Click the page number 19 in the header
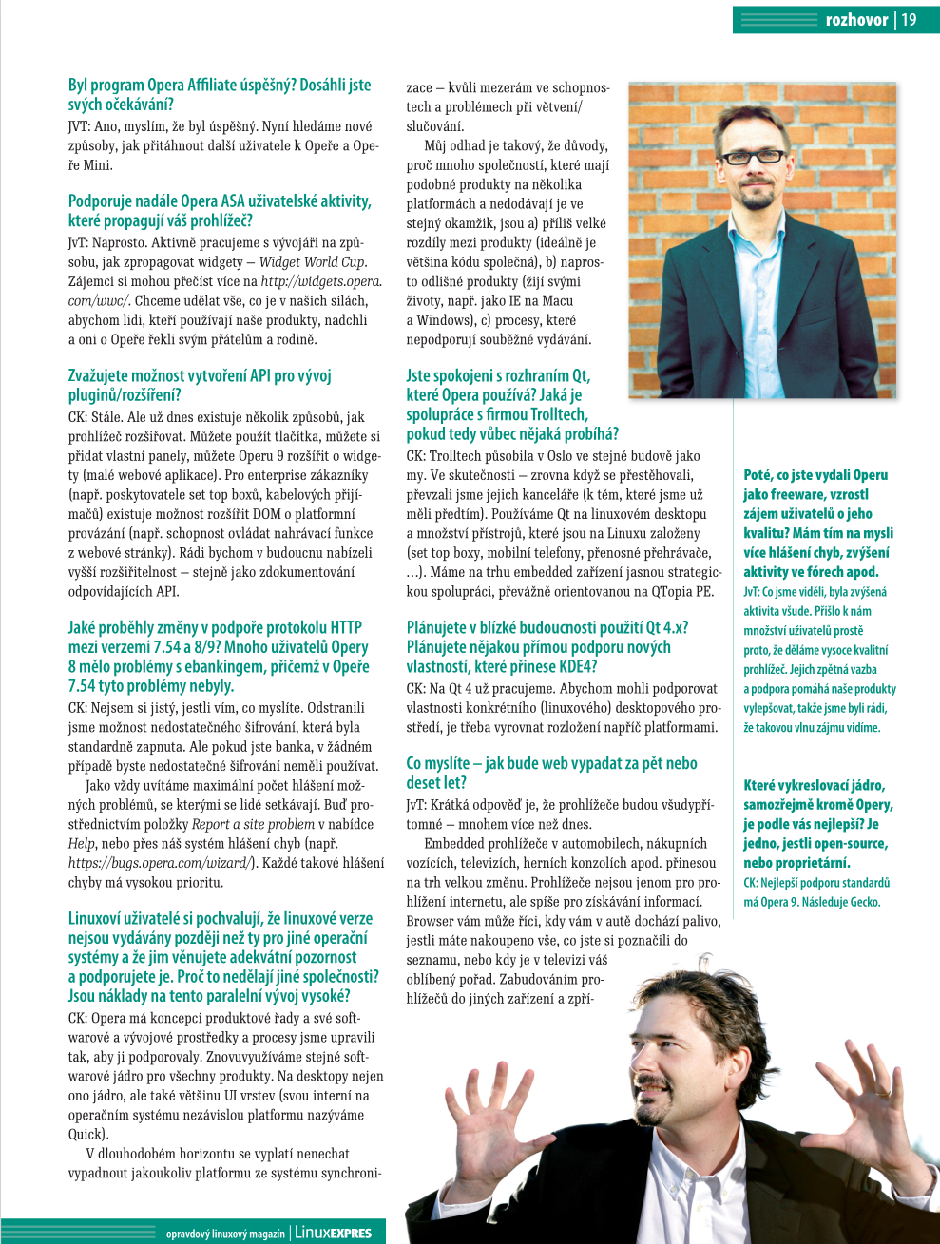910,20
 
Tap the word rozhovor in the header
856,20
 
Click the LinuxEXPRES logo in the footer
333,1233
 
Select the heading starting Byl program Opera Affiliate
220,95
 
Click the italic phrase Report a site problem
253,824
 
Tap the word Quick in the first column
86,1134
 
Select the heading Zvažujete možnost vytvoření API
200,385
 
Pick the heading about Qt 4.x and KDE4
547,647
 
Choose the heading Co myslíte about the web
551,773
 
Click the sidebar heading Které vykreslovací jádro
817,824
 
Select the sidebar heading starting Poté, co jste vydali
817,524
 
